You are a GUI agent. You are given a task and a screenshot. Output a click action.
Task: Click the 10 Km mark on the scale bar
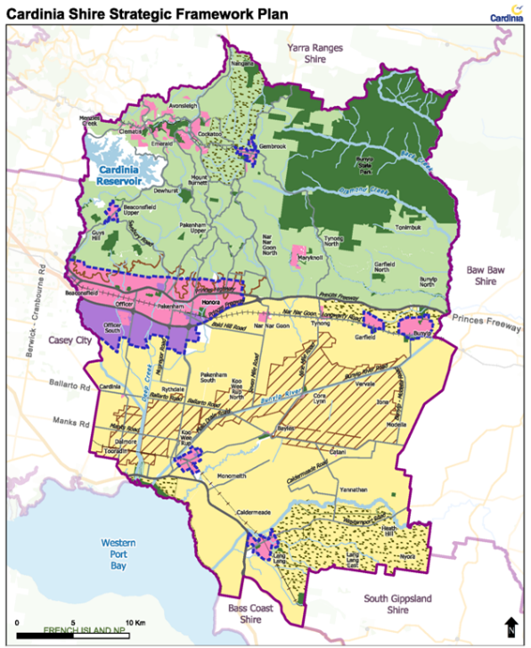tap(135, 621)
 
